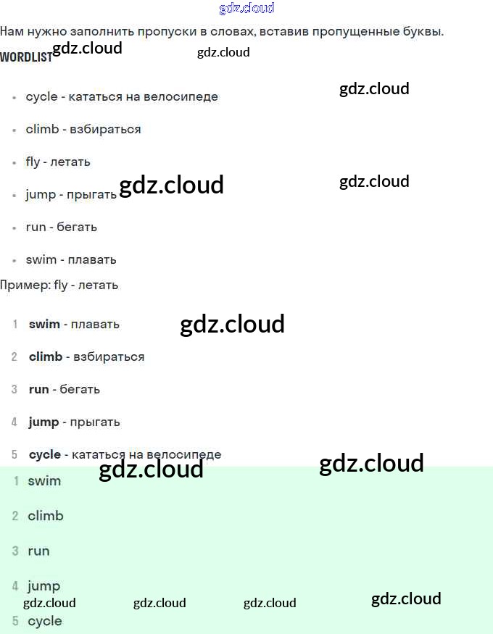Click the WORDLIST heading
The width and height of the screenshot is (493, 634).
pyautogui.click(x=26, y=57)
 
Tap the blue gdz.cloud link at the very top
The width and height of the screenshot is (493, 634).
pyautogui.click(x=246, y=9)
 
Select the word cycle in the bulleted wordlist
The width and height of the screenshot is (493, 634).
pyautogui.click(x=41, y=96)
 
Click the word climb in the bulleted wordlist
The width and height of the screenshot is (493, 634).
pyautogui.click(x=42, y=129)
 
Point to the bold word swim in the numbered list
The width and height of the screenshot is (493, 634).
pyautogui.click(x=44, y=324)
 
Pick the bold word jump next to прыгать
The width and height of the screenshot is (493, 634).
pyautogui.click(x=43, y=422)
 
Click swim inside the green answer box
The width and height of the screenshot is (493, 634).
pyautogui.click(x=44, y=480)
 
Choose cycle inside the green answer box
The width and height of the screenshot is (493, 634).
pyautogui.click(x=45, y=621)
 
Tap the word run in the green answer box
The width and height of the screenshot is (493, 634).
pyautogui.click(x=38, y=551)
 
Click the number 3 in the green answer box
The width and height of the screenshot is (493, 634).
pyautogui.click(x=15, y=551)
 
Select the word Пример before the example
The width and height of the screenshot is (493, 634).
pyautogui.click(x=24, y=285)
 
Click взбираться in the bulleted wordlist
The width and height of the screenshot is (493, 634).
pyautogui.click(x=105, y=129)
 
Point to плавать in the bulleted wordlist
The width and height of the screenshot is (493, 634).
pyautogui.click(x=93, y=259)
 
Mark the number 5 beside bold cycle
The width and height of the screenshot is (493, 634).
pyautogui.click(x=14, y=454)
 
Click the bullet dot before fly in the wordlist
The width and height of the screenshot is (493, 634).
pyautogui.click(x=14, y=162)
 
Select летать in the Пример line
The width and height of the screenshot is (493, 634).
pyautogui.click(x=97, y=285)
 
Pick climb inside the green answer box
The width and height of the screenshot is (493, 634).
pyautogui.click(x=46, y=516)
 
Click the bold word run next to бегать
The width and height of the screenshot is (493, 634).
pyautogui.click(x=38, y=389)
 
